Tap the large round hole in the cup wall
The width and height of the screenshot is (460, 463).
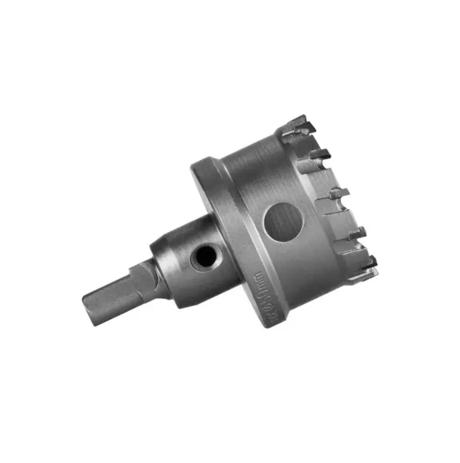click(282, 223)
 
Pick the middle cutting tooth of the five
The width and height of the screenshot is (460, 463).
click(339, 192)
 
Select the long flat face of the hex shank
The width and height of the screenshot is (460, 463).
click(112, 291)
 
